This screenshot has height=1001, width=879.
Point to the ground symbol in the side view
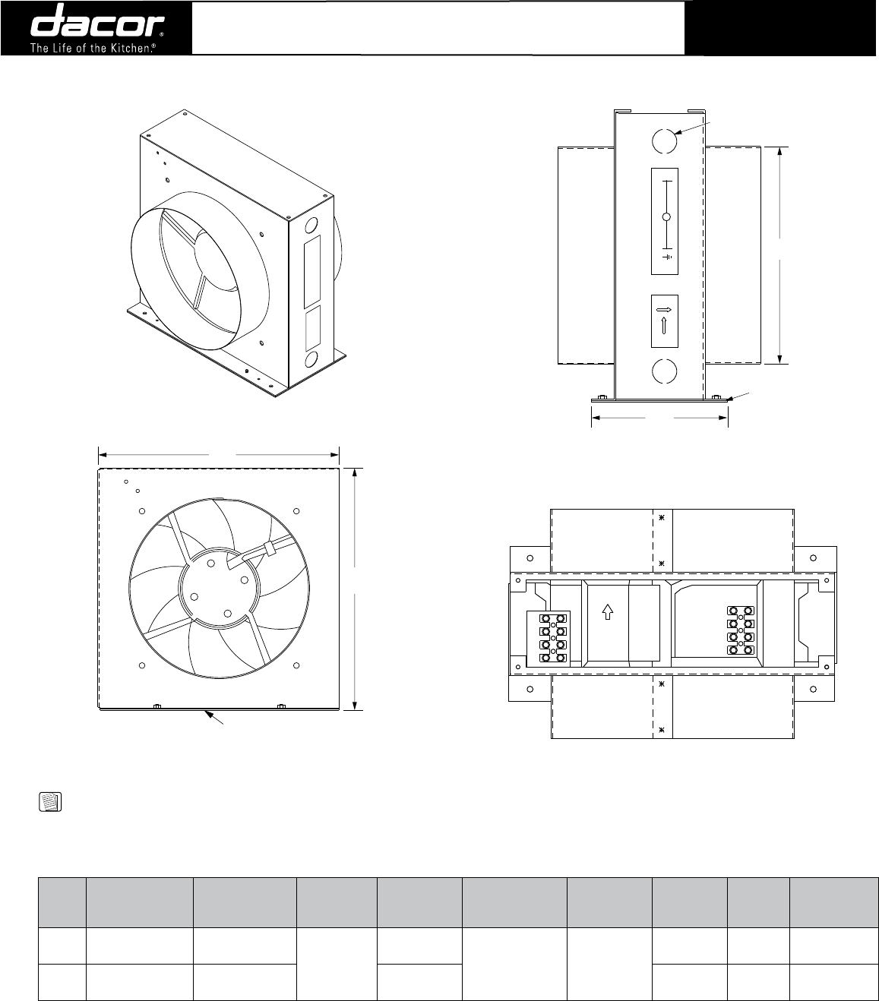[667, 257]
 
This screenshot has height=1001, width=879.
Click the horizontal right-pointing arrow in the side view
[664, 310]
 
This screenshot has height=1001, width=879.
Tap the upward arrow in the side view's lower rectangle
[664, 326]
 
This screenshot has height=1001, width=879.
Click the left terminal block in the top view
[553, 636]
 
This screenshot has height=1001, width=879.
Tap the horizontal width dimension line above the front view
[219, 454]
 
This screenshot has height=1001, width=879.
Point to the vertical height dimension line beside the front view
[354, 589]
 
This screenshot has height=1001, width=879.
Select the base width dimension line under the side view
[659, 417]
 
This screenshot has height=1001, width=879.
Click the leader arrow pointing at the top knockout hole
[693, 127]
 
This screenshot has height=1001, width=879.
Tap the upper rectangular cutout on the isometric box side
[312, 264]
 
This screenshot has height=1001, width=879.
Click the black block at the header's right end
[782, 28]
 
